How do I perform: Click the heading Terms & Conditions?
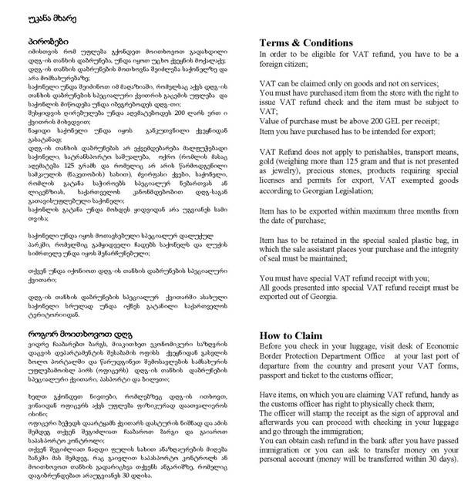tap(307, 42)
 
